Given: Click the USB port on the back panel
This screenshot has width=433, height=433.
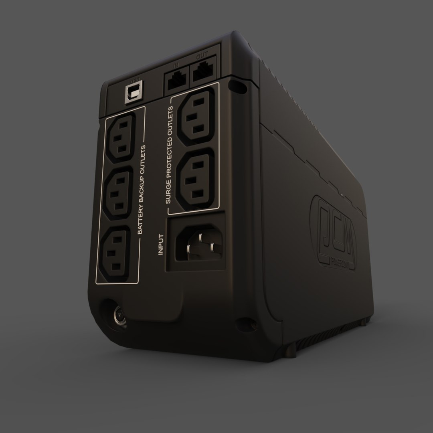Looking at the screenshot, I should tap(133, 94).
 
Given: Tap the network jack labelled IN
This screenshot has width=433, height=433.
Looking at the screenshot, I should tap(177, 81).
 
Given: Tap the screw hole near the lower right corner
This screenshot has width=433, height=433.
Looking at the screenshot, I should tap(241, 322).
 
